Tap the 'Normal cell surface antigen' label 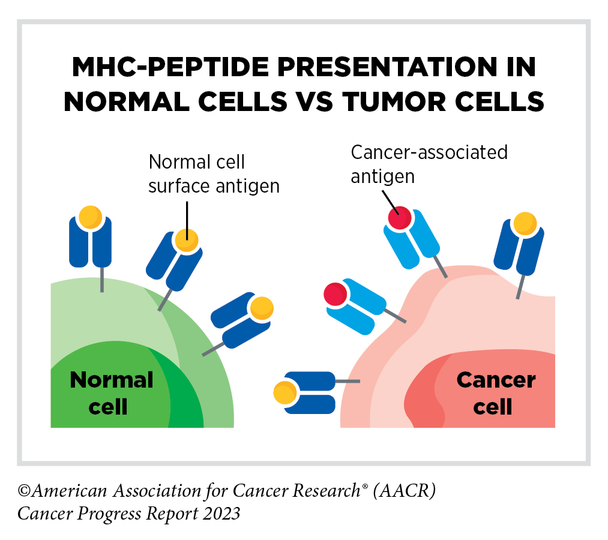214,174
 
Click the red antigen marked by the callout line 399,217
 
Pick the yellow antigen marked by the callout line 186,241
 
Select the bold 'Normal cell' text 111,393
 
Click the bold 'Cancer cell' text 495,393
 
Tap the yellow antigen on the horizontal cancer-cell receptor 284,394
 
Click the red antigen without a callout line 335,294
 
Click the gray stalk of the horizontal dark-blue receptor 348,381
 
